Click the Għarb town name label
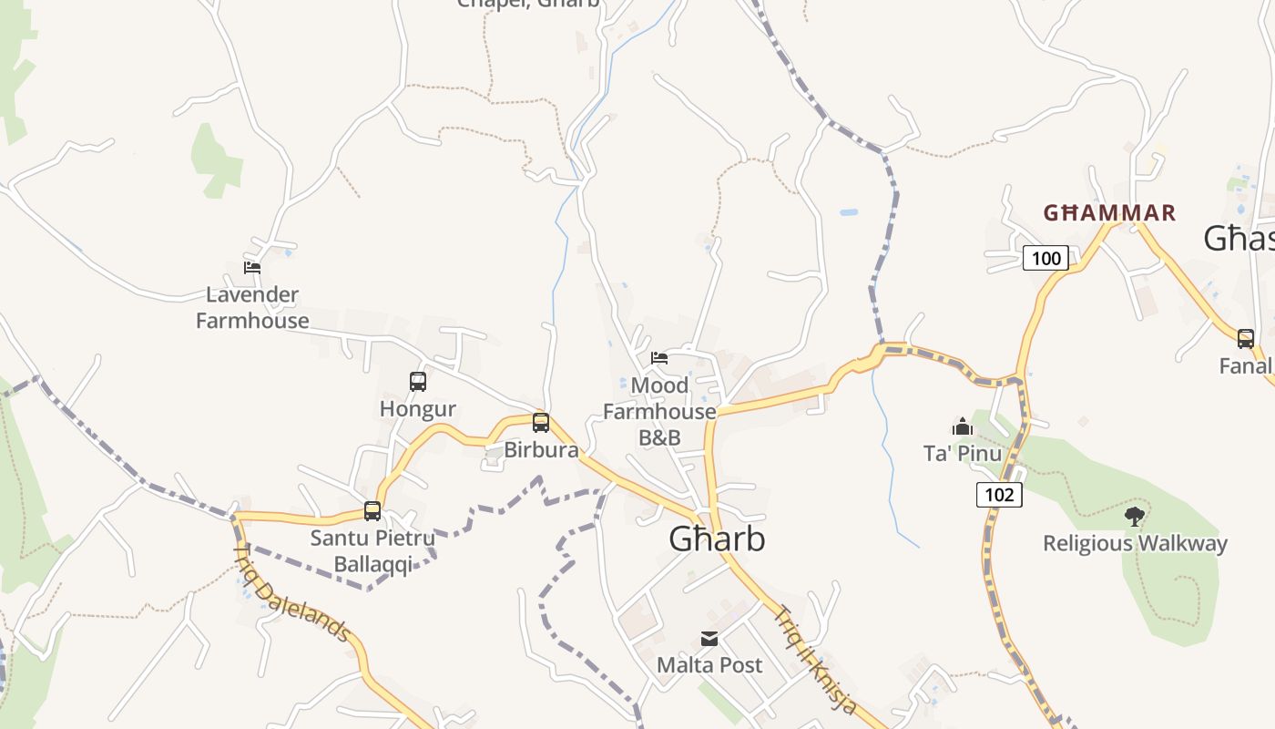[x=717, y=539]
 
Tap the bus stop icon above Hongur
[x=418, y=382]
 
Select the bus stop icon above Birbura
[x=541, y=423]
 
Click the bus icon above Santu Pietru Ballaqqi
[x=372, y=510]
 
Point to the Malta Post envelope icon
[x=709, y=639]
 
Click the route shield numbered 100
[x=1045, y=258]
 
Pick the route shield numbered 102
[x=999, y=495]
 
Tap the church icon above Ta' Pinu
[x=963, y=426]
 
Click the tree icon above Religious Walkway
[x=1135, y=517]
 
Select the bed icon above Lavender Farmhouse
[x=252, y=268]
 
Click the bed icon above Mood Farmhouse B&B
[x=659, y=358]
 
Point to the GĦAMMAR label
[x=1109, y=213]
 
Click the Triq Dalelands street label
[x=292, y=592]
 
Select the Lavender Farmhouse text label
[x=252, y=308]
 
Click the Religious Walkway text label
[x=1135, y=544]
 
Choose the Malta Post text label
[x=709, y=665]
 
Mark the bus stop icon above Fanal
[x=1245, y=339]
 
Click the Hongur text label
[x=418, y=409]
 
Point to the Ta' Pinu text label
[x=963, y=454]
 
